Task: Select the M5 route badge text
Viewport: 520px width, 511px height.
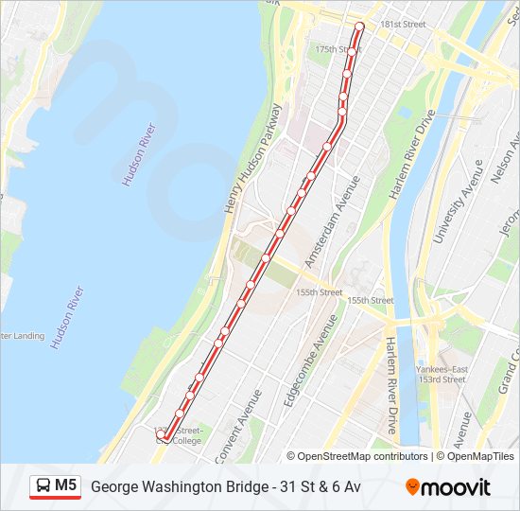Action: point(65,485)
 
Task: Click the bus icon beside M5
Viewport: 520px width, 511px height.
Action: point(43,486)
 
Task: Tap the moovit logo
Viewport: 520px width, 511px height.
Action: point(448,487)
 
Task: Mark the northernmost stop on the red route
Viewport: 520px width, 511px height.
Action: point(358,26)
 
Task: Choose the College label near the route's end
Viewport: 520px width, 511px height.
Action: point(186,440)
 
